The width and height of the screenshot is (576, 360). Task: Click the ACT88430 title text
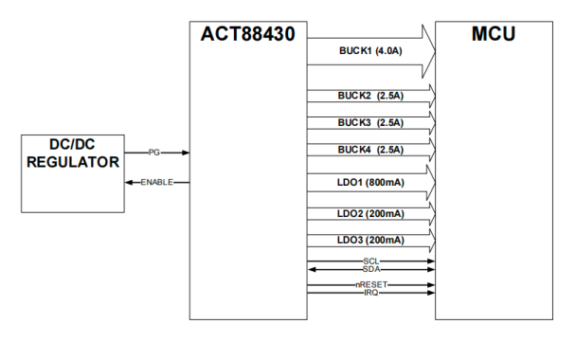point(247,34)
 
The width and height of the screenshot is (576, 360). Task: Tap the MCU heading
point(494,34)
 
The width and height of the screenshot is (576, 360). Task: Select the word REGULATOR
point(73,162)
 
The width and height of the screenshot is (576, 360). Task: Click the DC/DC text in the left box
point(72,144)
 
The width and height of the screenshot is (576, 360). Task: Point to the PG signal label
point(153,153)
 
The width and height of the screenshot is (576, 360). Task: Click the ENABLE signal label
point(157,182)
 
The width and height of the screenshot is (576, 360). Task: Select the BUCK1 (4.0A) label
point(370,51)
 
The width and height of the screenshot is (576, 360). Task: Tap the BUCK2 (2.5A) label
point(370,96)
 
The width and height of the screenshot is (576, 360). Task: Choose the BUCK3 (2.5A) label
point(370,123)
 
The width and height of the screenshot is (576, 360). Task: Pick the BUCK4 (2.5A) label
point(370,150)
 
